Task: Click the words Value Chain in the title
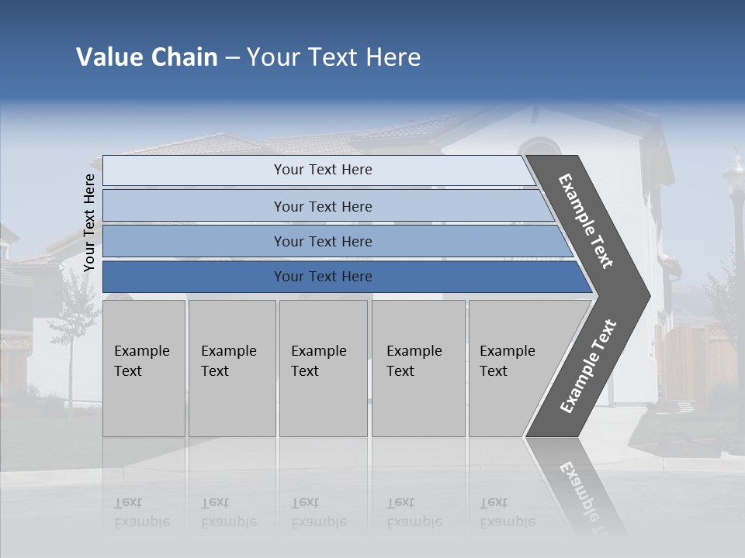(x=147, y=57)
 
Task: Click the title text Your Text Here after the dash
(x=334, y=57)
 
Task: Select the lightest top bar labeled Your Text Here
(x=322, y=170)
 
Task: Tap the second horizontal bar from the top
(x=322, y=206)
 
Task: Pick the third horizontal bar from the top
(x=322, y=241)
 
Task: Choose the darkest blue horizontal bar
(x=322, y=277)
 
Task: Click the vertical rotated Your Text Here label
(x=89, y=222)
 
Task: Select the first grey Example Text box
(x=144, y=368)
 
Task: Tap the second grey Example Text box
(x=231, y=368)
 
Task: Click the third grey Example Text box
(x=322, y=368)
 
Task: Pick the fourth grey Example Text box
(x=418, y=368)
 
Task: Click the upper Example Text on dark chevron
(x=586, y=221)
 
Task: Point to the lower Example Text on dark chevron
(x=587, y=367)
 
